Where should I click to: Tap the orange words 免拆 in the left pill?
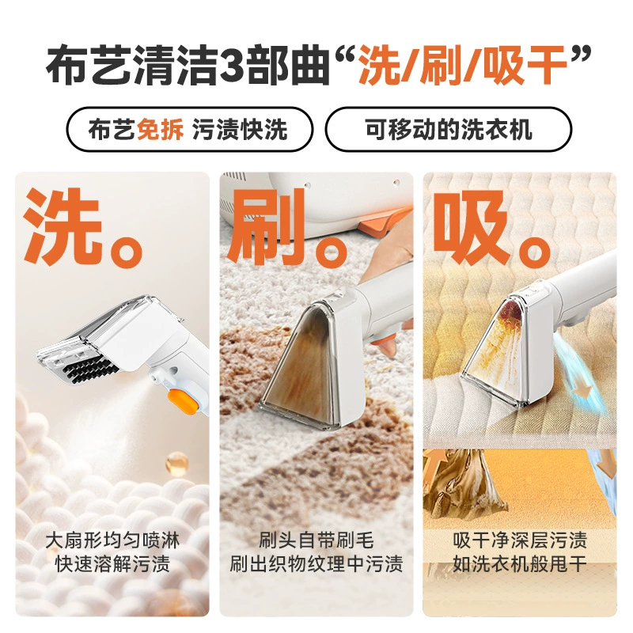click(160, 130)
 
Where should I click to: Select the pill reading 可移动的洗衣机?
click(448, 129)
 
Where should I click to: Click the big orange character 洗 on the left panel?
click(63, 226)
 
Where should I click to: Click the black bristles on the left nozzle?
click(92, 367)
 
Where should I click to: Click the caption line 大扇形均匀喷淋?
click(112, 540)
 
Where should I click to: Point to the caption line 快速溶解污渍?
click(112, 563)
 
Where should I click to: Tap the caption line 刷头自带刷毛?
click(316, 540)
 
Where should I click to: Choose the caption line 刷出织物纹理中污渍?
click(316, 563)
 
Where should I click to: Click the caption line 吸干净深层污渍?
click(520, 540)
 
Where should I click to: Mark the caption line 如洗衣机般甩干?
click(520, 563)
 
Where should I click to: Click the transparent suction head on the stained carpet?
click(303, 363)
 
